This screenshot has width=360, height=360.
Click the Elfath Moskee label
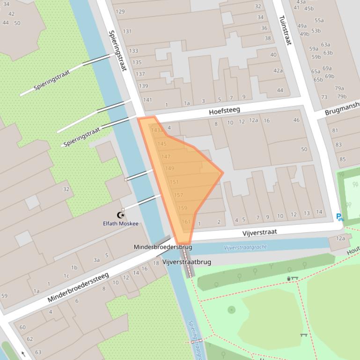pos(120,223)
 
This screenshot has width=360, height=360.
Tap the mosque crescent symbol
pos(121,215)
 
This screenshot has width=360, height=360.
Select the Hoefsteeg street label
pos(224,111)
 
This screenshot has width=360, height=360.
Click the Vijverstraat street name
pos(259,232)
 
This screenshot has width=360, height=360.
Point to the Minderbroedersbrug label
pos(163,247)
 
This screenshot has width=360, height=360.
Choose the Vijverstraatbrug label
pos(187,262)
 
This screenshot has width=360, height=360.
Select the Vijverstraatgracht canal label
pos(245,247)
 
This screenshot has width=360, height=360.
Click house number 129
pos(120,12)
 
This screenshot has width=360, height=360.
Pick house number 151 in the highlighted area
pos(174,182)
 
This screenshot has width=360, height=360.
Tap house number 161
pos(186,222)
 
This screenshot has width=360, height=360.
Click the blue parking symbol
pos(339,217)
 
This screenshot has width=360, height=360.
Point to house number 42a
pos(278,71)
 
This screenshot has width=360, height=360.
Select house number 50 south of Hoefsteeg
pos(304,149)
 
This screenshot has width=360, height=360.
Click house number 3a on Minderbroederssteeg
pos(96,260)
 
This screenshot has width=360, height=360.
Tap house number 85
pos(343,159)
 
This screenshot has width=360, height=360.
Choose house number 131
pos(127,31)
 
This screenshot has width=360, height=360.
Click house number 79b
pos(342,97)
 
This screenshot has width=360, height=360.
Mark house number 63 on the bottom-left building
pos(38,352)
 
